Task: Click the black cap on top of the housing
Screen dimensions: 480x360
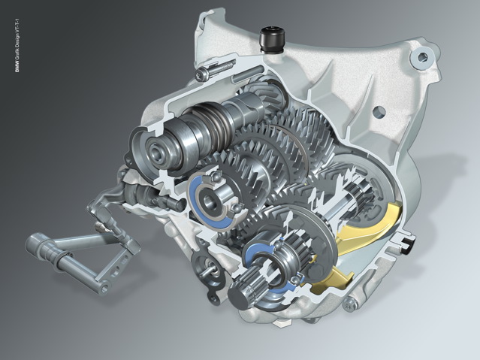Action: point(271,39)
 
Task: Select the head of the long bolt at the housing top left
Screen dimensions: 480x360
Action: point(201,74)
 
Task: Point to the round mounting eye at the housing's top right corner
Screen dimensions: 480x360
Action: point(423,56)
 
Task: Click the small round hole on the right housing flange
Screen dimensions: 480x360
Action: point(380,110)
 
